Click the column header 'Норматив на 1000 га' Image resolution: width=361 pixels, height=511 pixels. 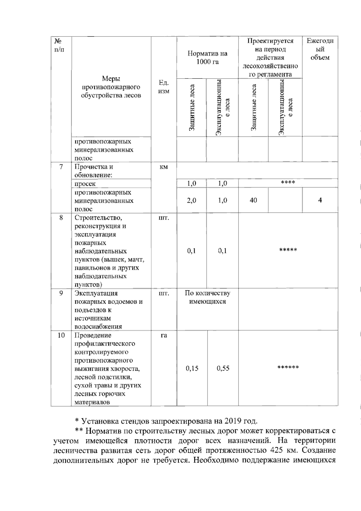click(x=207, y=58)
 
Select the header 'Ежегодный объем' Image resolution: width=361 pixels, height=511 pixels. click(x=320, y=49)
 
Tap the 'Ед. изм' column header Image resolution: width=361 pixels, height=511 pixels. click(x=164, y=87)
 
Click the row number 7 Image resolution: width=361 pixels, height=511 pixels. click(x=61, y=167)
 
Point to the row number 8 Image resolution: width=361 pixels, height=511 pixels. click(x=61, y=218)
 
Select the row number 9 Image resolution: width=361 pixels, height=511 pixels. click(x=61, y=293)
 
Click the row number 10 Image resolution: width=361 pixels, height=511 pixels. click(x=61, y=335)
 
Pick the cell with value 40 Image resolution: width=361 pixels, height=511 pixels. click(x=253, y=200)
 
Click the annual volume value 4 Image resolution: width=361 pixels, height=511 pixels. click(x=320, y=200)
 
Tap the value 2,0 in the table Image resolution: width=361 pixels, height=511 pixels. click(x=192, y=201)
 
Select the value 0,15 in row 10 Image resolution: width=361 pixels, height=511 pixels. click(x=192, y=368)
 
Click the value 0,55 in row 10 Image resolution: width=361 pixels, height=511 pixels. click(x=223, y=368)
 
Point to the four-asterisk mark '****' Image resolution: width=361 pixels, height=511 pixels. click(x=288, y=182)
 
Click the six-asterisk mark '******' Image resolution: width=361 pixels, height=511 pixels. click(x=288, y=367)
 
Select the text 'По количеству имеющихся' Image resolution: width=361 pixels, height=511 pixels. click(x=207, y=297)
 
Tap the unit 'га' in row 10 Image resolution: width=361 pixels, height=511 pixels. click(x=164, y=335)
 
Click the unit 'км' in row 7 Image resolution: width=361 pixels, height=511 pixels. click(x=163, y=167)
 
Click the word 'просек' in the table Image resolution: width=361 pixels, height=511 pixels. click(x=85, y=184)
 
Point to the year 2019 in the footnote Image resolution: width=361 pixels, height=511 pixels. click(x=233, y=421)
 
